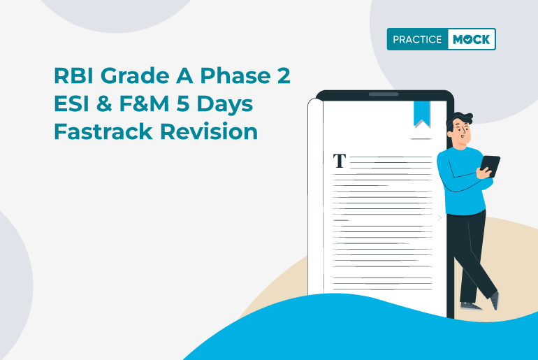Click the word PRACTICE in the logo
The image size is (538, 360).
(x=417, y=40)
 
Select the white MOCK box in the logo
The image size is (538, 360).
(x=471, y=40)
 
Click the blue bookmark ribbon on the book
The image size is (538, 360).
(x=421, y=113)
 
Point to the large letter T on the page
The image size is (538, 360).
(x=340, y=161)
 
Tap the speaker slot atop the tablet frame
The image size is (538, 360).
(x=383, y=94)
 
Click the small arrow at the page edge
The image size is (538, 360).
(x=439, y=217)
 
